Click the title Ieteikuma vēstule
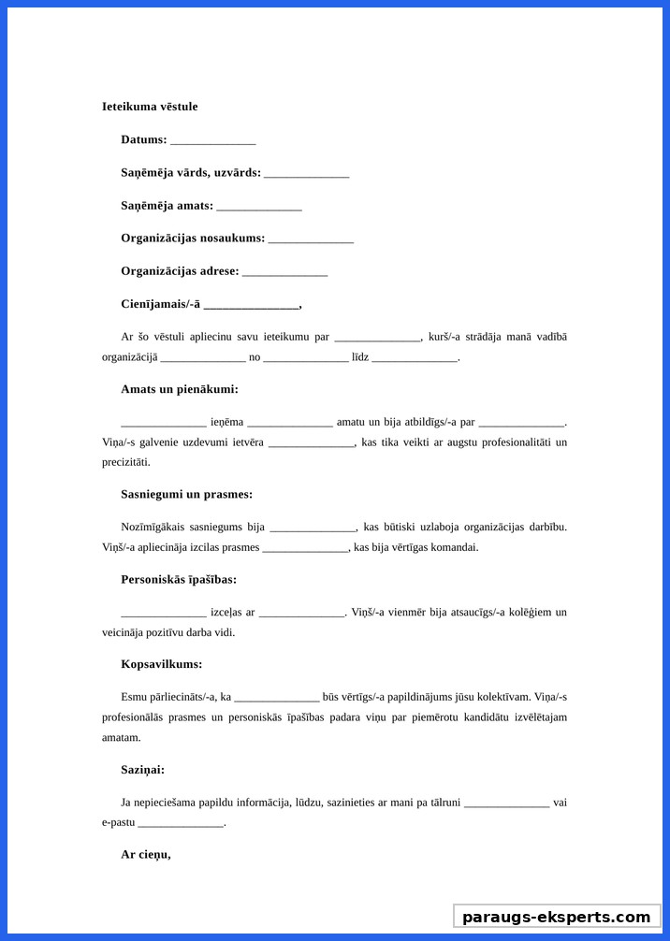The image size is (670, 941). tap(150, 107)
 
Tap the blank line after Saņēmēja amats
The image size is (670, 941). tap(258, 207)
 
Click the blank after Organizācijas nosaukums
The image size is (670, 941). tap(311, 239)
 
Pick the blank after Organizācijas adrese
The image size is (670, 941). tap(284, 272)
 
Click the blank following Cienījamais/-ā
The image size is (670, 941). tap(251, 305)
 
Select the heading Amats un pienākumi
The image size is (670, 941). tap(179, 389)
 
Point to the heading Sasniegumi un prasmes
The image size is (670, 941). tap(186, 494)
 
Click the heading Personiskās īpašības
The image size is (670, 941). tap(178, 579)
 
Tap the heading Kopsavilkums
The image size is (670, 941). tap(161, 664)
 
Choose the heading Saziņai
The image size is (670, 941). tap(142, 769)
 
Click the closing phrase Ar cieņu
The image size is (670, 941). tap(145, 854)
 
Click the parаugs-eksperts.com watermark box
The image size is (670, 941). tap(557, 917)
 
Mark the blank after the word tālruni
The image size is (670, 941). tap(506, 803)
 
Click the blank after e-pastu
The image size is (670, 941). tap(181, 823)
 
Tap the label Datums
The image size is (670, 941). tap(143, 140)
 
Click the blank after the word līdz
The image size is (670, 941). tap(415, 357)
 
